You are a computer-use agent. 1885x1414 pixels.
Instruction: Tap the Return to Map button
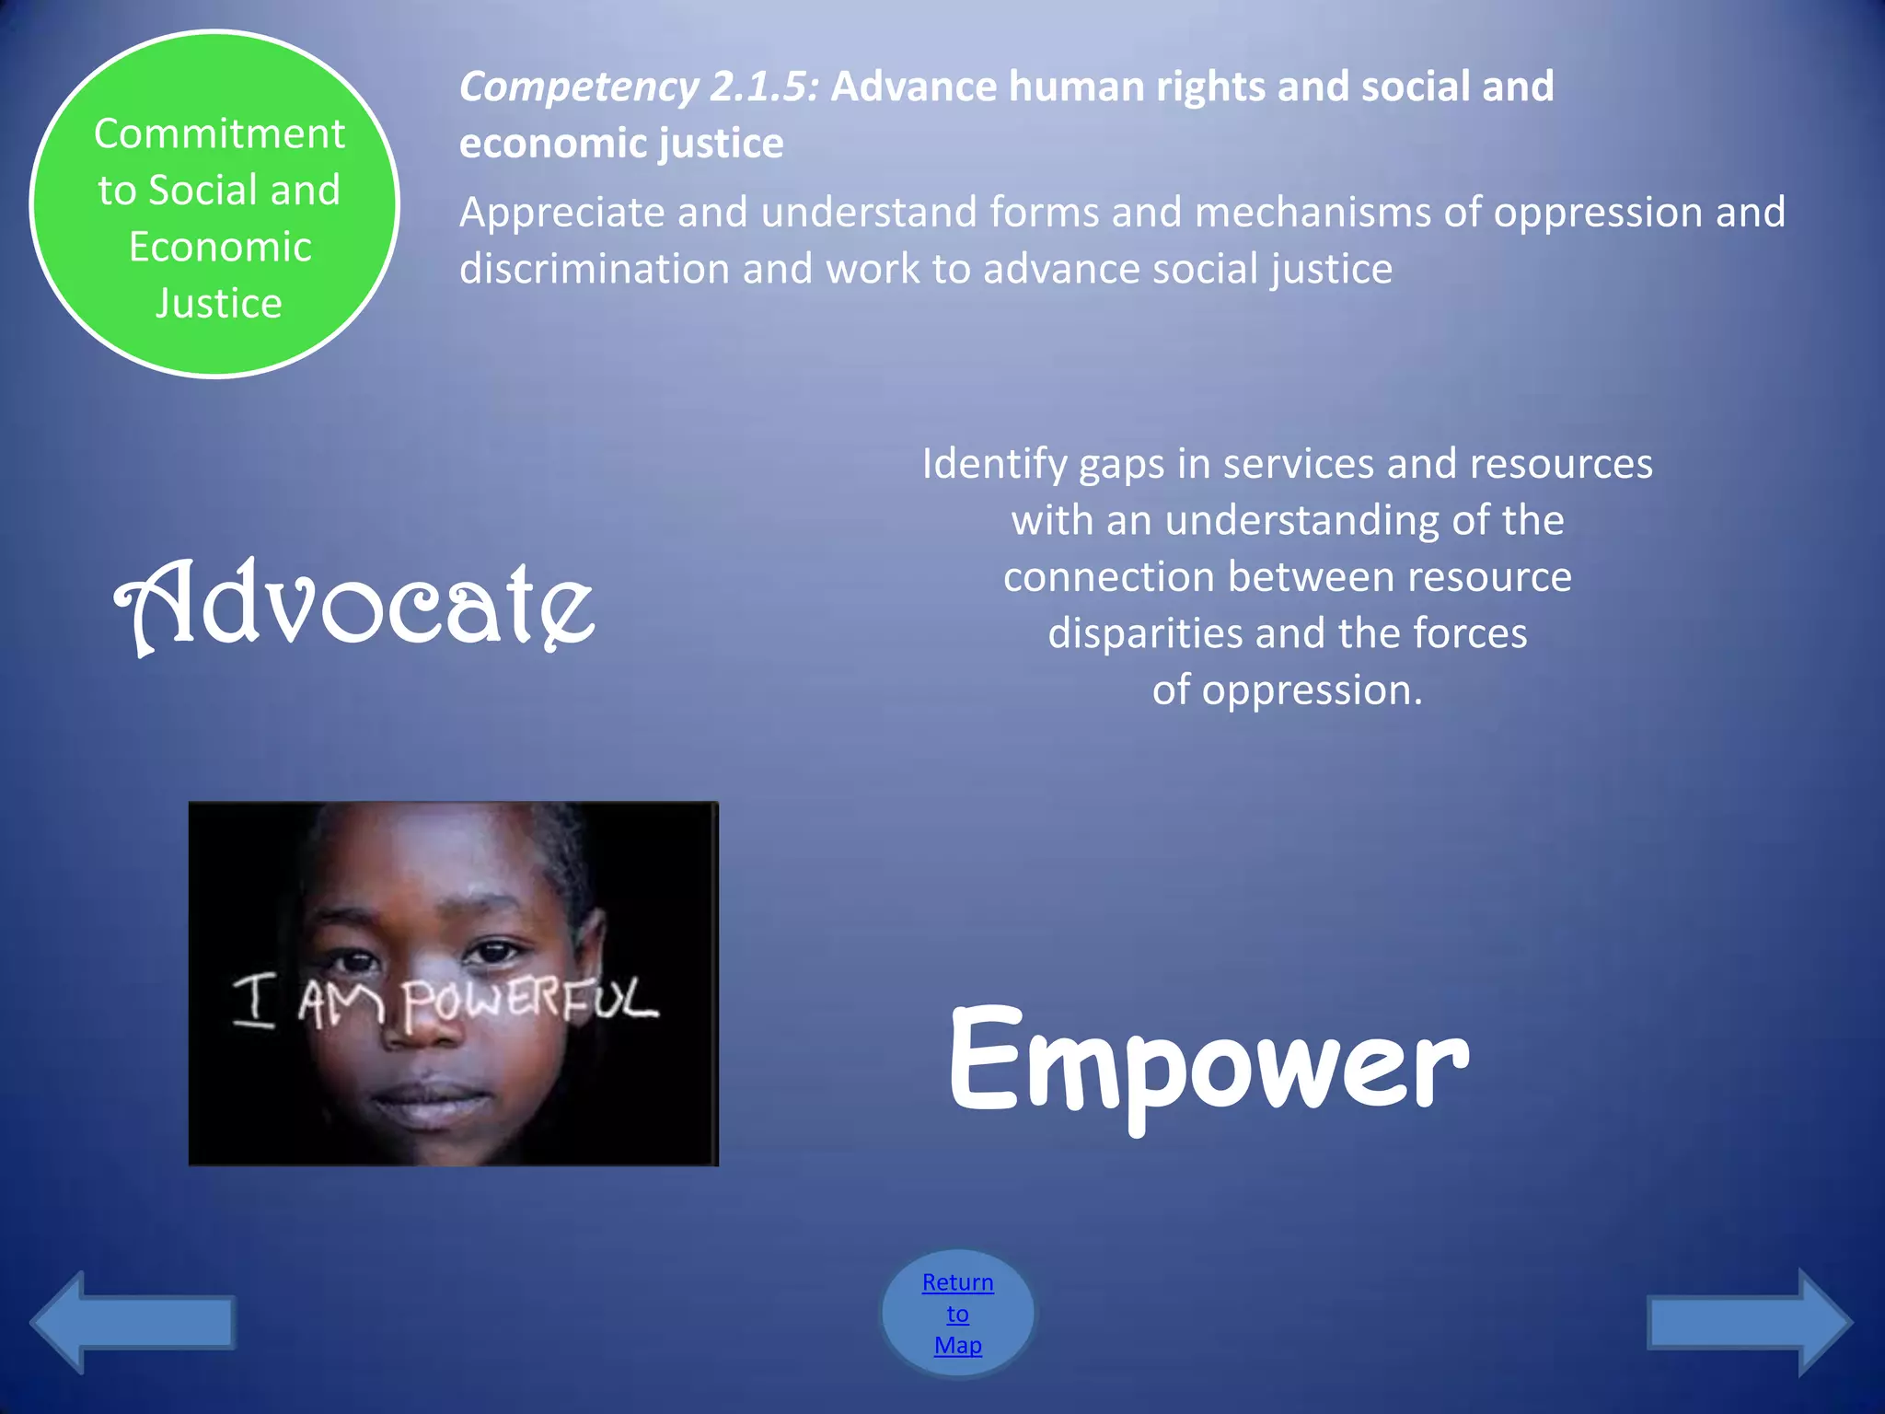click(957, 1313)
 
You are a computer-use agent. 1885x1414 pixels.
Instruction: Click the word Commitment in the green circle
click(219, 134)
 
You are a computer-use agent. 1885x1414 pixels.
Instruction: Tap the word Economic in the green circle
click(220, 247)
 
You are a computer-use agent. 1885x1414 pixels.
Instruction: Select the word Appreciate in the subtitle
click(562, 214)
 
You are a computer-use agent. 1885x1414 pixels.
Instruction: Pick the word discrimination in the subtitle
click(595, 270)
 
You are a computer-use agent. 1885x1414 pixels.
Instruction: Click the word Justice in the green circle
click(219, 304)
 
